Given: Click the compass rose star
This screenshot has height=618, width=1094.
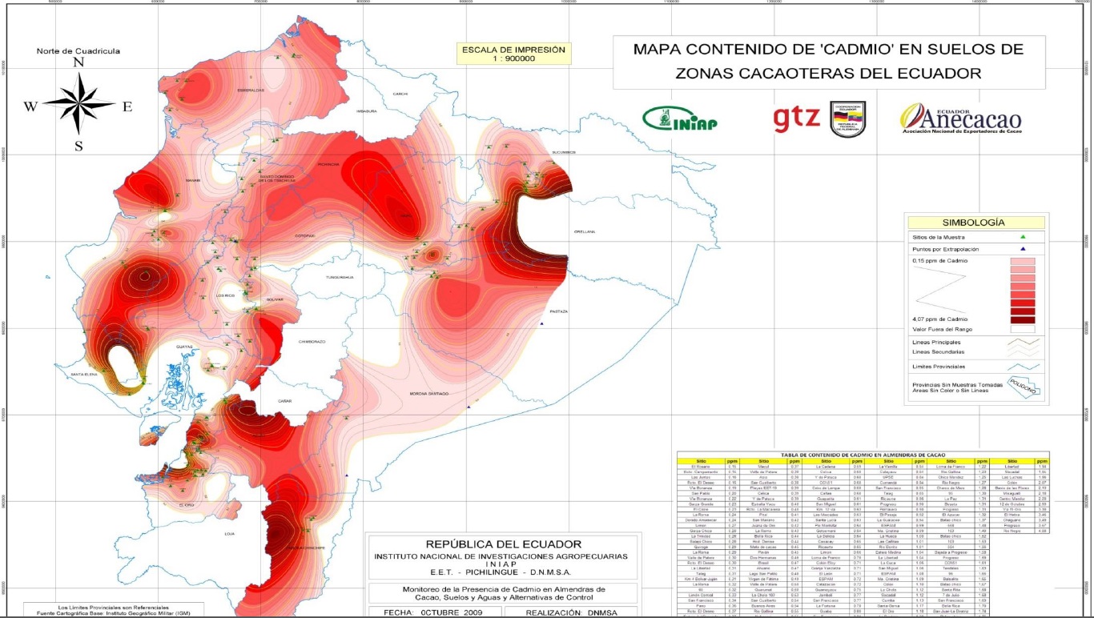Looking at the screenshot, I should [79, 103].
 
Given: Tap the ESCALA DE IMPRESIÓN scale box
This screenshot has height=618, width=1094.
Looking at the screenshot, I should [513, 54].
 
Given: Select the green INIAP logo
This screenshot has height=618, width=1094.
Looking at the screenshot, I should [681, 118].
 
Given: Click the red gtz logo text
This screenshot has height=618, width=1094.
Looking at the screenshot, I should [796, 118].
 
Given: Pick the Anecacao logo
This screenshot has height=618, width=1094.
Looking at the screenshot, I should [961, 118].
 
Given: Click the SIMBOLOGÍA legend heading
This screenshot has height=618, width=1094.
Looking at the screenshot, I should [975, 223].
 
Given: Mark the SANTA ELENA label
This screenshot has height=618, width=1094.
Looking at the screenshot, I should [84, 374].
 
